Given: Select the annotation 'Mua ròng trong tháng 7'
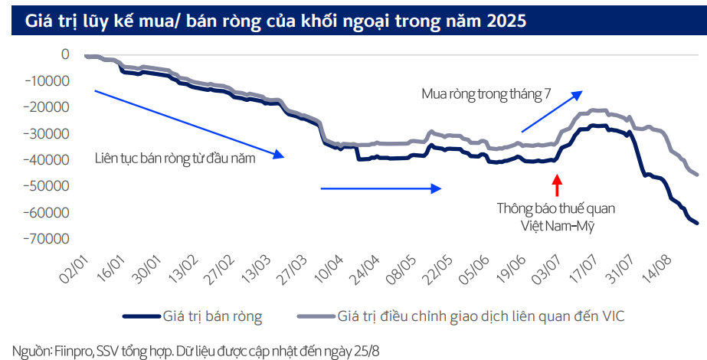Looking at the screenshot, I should [486, 94].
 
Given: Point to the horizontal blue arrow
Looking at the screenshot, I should [381, 188].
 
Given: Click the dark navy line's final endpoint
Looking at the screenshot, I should [697, 223].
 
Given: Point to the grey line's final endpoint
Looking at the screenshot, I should [697, 175].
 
